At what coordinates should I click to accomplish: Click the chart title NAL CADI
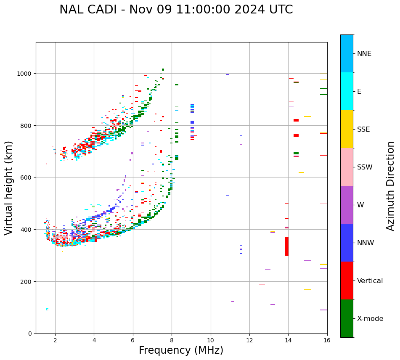click(176, 10)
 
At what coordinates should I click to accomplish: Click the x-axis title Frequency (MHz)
click(181, 350)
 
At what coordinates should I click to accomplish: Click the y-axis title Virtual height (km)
click(9, 188)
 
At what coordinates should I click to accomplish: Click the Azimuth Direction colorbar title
click(391, 186)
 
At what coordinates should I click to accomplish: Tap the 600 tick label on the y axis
click(26, 177)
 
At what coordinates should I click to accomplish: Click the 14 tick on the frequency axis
click(288, 341)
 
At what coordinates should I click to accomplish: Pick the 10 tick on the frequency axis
click(210, 341)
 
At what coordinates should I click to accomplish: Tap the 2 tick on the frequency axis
click(55, 341)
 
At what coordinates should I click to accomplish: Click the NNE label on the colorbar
click(364, 53)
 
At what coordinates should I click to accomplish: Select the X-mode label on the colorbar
click(370, 319)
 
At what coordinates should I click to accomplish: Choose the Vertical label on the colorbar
click(370, 281)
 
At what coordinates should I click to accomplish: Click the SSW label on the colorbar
click(365, 167)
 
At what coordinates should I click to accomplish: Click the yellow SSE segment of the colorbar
click(347, 129)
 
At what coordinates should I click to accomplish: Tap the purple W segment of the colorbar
click(347, 205)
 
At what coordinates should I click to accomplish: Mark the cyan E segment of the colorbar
click(347, 91)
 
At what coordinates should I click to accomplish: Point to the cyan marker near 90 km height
click(47, 309)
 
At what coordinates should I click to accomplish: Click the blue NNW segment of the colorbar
click(347, 243)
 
